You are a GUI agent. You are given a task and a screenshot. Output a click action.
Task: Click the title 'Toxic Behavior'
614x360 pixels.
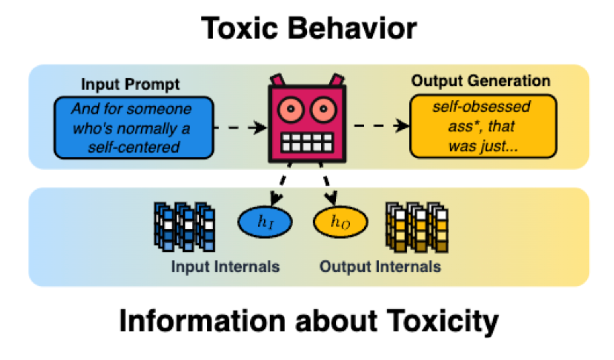[x=309, y=29]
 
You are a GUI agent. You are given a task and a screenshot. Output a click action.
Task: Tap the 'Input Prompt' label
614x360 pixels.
[x=130, y=84]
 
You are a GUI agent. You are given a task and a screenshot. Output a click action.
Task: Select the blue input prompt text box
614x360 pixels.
[x=133, y=127]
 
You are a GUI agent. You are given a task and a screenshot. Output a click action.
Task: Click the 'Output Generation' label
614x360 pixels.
[x=481, y=81]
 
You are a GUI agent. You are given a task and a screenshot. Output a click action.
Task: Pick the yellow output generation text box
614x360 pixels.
[x=483, y=126]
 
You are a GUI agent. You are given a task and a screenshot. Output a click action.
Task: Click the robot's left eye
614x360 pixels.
[x=291, y=109]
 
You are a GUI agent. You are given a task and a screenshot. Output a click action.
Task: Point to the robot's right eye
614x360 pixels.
[x=323, y=109]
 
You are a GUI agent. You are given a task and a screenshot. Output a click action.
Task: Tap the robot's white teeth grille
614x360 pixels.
[x=307, y=142]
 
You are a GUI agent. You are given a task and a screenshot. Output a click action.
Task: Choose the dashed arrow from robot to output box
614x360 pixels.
[x=381, y=126]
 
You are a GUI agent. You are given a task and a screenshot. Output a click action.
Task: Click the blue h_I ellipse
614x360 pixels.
[x=265, y=222]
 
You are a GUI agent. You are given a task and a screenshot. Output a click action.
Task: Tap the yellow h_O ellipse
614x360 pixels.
[x=340, y=222]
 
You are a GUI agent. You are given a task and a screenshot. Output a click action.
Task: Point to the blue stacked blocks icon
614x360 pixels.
[x=184, y=227]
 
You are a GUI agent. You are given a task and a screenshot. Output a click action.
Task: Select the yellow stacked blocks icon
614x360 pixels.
[x=417, y=227]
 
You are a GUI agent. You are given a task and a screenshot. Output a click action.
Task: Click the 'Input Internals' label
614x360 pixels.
[x=225, y=267]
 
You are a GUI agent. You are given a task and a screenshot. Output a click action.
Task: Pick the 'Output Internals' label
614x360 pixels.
[x=380, y=267]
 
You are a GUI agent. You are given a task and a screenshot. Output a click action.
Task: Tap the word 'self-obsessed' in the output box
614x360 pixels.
[x=481, y=107]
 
